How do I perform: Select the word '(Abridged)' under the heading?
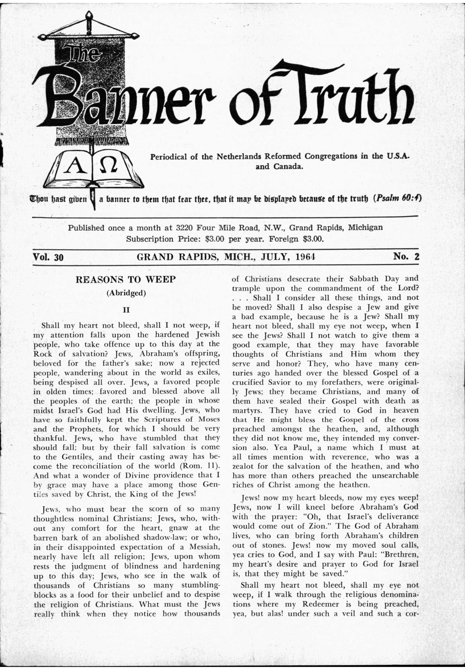pyautogui.click(x=126, y=293)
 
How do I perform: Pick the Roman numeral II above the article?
pyautogui.click(x=126, y=310)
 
